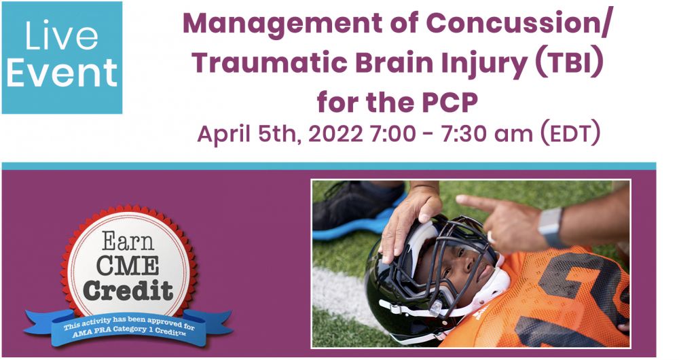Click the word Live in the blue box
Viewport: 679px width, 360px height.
62,35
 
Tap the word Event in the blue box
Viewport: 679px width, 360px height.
62,73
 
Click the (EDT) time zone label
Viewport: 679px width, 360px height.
571,133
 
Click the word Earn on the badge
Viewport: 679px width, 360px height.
128,241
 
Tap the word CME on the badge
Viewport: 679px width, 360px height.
128,264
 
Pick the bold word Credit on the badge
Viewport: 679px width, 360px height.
128,289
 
